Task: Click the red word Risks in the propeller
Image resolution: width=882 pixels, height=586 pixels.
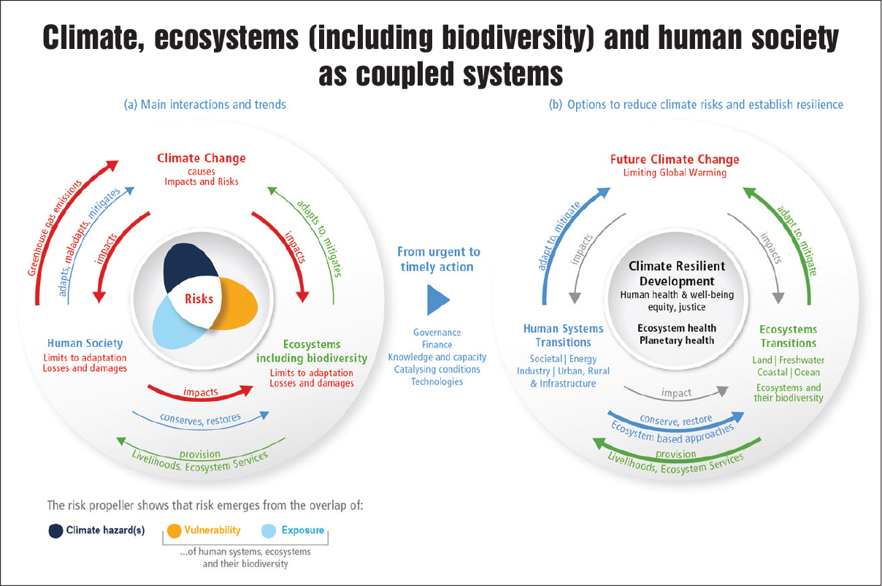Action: click(199, 299)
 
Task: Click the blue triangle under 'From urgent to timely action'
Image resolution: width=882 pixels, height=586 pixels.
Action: click(437, 300)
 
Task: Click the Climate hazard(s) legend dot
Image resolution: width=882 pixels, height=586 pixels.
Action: click(55, 530)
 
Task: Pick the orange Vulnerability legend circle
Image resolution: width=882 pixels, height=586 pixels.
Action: click(174, 530)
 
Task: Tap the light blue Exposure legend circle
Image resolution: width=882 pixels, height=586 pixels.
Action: click(269, 530)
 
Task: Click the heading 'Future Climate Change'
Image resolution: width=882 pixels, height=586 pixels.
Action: click(675, 159)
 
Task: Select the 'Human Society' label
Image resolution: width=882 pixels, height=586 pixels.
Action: click(85, 343)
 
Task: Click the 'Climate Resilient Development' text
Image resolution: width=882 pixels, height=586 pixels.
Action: click(676, 273)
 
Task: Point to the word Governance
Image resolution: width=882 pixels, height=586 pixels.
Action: click(437, 332)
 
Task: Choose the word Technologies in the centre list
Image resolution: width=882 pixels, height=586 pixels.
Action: click(437, 381)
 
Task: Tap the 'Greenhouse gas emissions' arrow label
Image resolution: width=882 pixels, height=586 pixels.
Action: click(54, 228)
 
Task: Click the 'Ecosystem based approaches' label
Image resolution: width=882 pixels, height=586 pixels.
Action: click(672, 433)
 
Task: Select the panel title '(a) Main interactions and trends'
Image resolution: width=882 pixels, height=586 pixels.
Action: click(204, 104)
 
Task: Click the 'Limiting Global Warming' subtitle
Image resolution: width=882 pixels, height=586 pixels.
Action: click(675, 172)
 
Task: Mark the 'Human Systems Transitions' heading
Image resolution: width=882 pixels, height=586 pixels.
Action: click(563, 335)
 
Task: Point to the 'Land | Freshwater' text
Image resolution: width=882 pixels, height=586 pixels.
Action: click(788, 359)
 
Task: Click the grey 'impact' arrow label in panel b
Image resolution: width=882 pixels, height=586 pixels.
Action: click(676, 393)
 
